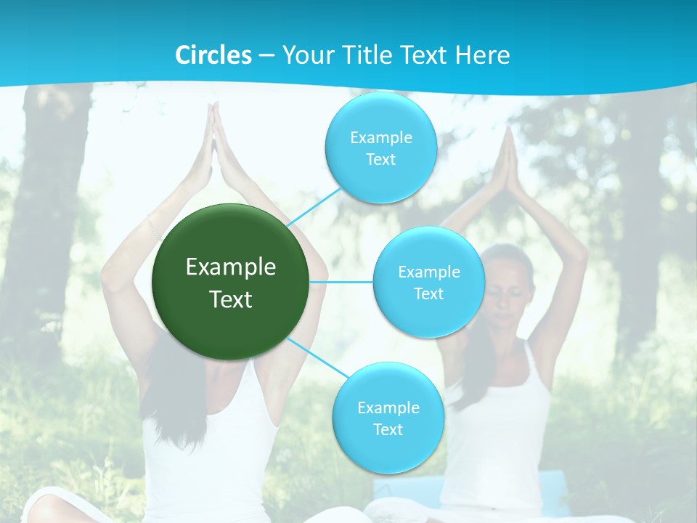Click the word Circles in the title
(213, 55)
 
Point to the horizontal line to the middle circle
(341, 282)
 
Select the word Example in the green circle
(231, 267)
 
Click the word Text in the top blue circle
(380, 160)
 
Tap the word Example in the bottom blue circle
(388, 408)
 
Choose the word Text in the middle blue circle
(428, 294)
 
